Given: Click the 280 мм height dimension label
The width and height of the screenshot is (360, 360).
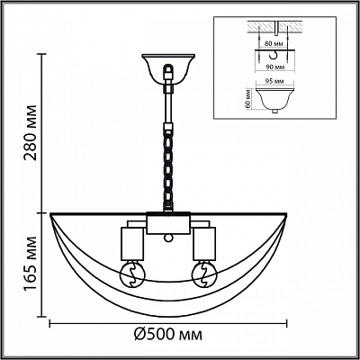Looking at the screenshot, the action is [31, 132].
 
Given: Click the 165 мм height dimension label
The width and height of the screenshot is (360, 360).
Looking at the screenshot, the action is [31, 265].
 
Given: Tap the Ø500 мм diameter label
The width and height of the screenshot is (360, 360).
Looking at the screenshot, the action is [168, 335].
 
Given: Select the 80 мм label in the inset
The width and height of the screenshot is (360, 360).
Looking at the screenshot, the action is [274, 44].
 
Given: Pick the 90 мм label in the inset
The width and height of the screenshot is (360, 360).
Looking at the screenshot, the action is [274, 67].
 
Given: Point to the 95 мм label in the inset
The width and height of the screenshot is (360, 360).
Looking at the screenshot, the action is [274, 82].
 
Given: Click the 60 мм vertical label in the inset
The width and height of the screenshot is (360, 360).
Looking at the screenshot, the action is [247, 99].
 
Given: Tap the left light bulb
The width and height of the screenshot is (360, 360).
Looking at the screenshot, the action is [132, 274].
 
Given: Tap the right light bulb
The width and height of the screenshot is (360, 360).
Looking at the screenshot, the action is [204, 274].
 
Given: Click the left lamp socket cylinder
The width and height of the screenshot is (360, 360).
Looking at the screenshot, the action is [132, 244].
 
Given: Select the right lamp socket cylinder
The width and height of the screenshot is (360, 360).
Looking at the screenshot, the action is [204, 244].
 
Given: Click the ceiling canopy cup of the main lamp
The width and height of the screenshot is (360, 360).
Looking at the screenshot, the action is [168, 69].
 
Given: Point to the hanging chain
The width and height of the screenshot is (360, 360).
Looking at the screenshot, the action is [168, 169].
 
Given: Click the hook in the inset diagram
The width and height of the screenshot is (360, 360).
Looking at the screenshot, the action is [274, 55].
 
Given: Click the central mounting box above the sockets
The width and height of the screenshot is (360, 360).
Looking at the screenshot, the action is [168, 223].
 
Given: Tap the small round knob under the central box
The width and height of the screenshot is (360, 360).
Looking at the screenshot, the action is [168, 238].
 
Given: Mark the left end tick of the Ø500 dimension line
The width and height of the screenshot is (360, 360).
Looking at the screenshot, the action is [49, 323].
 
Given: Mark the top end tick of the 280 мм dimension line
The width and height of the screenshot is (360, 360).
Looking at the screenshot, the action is [41, 54].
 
